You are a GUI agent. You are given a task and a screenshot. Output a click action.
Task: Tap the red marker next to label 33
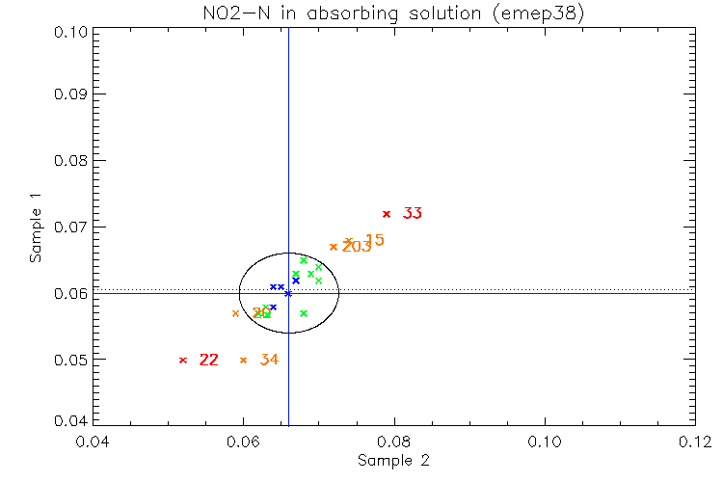387,214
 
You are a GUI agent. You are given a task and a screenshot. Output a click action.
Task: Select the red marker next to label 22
183,361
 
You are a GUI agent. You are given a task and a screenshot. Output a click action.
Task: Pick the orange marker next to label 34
243,361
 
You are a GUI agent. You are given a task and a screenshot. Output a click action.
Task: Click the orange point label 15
374,240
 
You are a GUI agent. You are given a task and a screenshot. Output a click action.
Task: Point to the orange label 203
356,248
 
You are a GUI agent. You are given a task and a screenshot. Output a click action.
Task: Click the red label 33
413,213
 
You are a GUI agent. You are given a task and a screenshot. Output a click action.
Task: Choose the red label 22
209,361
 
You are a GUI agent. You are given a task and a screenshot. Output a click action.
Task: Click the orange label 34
269,361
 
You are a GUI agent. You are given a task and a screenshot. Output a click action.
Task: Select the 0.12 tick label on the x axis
695,442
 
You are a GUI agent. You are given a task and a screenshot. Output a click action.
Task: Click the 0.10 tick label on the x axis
545,442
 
